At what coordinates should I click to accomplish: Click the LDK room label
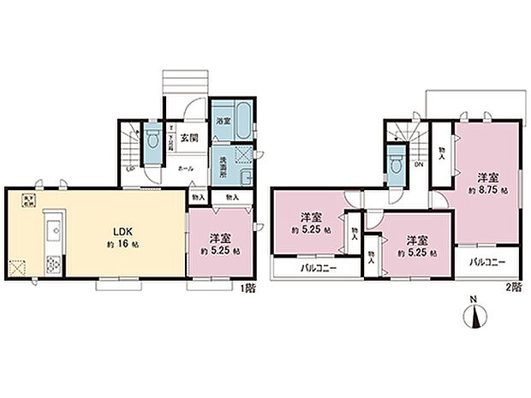tap(116, 230)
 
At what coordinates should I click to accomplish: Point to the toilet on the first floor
tap(152, 139)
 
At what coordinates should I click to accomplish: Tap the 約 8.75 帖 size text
tap(487, 190)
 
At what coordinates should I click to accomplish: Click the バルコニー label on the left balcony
tap(318, 268)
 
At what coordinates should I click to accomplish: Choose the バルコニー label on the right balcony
tap(487, 261)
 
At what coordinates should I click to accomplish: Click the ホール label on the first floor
tap(184, 169)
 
